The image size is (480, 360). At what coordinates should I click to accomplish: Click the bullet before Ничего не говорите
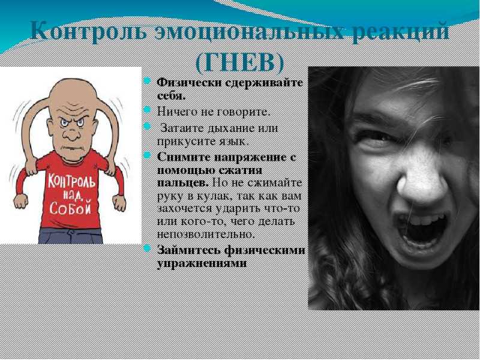[147, 110]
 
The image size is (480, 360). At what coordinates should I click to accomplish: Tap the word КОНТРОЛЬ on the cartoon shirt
[71, 181]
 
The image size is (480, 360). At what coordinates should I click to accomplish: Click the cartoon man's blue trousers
[70, 236]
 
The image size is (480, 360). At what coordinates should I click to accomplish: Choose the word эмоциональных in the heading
[248, 32]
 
